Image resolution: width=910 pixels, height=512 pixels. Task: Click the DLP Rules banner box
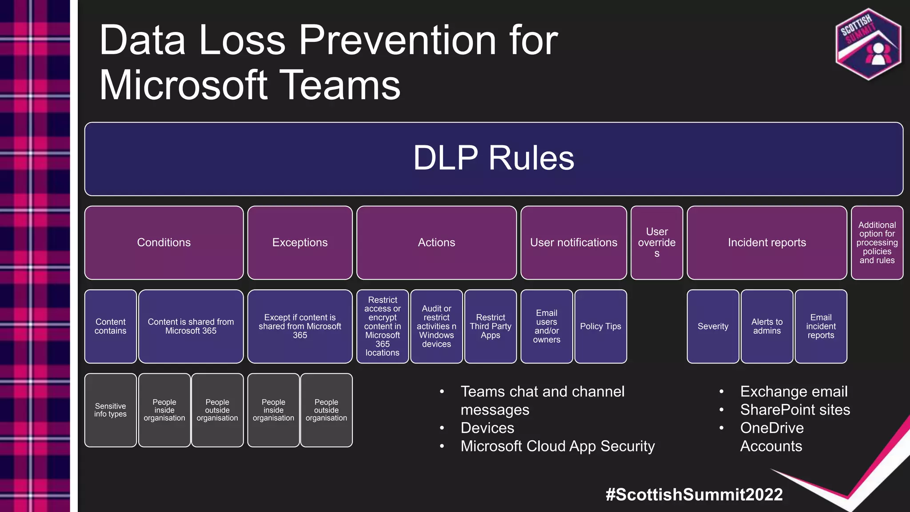tap(493, 159)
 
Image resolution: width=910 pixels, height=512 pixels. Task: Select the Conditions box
tap(164, 243)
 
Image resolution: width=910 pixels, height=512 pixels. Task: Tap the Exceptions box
tap(300, 243)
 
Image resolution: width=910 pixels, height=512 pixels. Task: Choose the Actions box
tap(436, 243)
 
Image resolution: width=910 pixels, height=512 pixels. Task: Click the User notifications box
tap(573, 243)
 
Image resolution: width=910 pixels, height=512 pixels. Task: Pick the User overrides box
tap(657, 243)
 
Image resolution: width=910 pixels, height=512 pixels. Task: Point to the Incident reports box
tap(766, 243)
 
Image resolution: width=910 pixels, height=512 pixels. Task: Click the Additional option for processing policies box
tap(877, 243)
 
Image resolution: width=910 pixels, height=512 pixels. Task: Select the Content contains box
tap(110, 326)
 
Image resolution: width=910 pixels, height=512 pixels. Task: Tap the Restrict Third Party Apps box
tap(490, 326)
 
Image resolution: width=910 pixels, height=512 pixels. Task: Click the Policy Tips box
tap(600, 326)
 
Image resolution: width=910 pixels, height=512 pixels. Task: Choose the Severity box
tap(713, 326)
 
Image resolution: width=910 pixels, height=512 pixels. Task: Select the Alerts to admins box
tap(766, 326)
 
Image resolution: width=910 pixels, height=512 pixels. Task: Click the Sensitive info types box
tap(110, 410)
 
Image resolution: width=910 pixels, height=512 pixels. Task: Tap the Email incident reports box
tap(821, 326)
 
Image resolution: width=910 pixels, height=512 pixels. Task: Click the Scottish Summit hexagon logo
tap(868, 44)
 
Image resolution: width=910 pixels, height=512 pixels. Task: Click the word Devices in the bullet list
tap(487, 428)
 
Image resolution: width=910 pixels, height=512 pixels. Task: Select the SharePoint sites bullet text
tap(795, 410)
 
